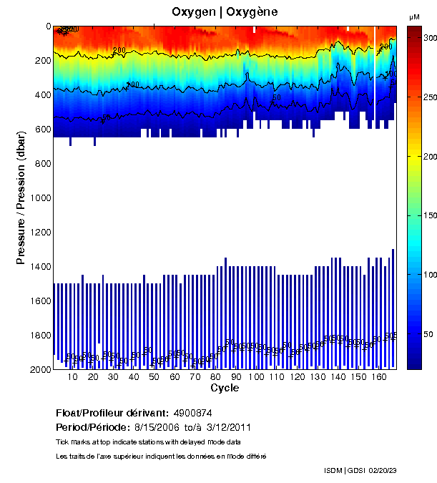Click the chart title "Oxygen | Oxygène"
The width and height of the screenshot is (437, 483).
pos(225,12)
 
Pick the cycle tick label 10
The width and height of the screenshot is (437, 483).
pos(72,378)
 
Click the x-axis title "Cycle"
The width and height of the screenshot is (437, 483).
pos(225,389)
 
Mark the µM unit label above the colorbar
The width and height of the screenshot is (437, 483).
pos(414,16)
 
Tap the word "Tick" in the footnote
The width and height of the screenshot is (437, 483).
pos(62,441)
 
